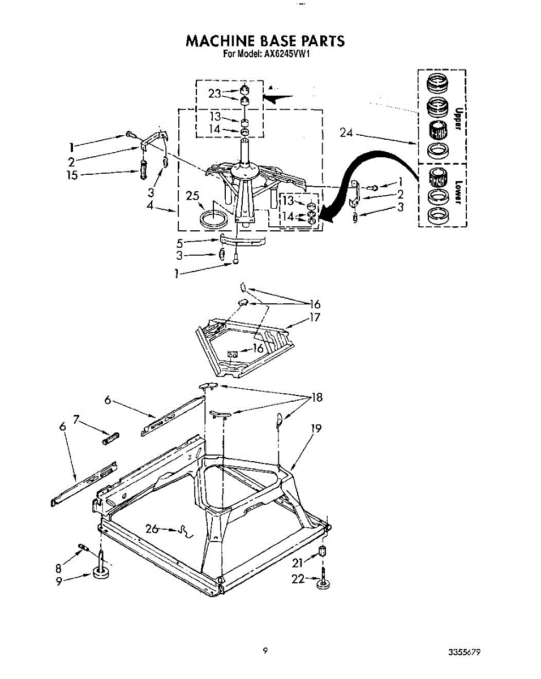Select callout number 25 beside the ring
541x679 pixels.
pyautogui.click(x=192, y=196)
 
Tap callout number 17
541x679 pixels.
pyautogui.click(x=315, y=318)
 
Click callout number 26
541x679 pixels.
pyautogui.click(x=152, y=529)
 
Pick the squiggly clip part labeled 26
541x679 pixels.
pyautogui.click(x=184, y=532)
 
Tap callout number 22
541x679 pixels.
pyautogui.click(x=298, y=578)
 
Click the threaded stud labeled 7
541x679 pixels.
pyautogui.click(x=111, y=438)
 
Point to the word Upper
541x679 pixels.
pyautogui.click(x=459, y=118)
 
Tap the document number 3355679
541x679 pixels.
pyautogui.click(x=465, y=652)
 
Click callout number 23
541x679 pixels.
pyautogui.click(x=214, y=94)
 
